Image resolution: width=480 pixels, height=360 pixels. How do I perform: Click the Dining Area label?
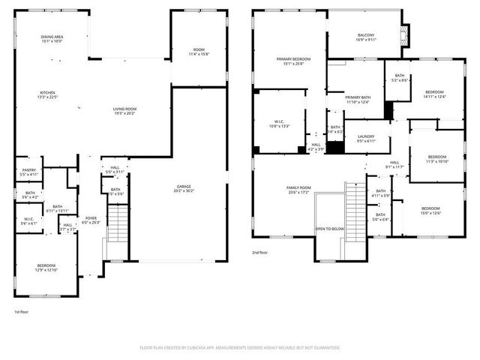pos(52,37)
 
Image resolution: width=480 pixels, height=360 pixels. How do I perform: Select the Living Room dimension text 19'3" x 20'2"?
pos(124,113)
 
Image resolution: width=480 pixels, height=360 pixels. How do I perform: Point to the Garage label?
pos(184,186)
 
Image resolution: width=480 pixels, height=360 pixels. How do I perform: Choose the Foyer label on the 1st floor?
pos(90,219)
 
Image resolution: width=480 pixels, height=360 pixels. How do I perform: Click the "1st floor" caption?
pos(22,311)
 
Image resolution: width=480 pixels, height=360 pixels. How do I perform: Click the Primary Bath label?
pos(357,97)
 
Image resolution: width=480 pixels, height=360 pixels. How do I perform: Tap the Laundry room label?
pos(366,136)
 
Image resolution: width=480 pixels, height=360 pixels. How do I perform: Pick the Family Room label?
pos(298,187)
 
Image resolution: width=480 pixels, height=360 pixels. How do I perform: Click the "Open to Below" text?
pos(330,229)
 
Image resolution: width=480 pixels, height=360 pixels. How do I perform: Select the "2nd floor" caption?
pos(260,253)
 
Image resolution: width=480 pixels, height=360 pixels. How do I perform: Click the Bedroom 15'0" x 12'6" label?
pos(430,208)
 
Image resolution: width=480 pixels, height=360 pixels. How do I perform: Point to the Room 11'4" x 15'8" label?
pos(199,49)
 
